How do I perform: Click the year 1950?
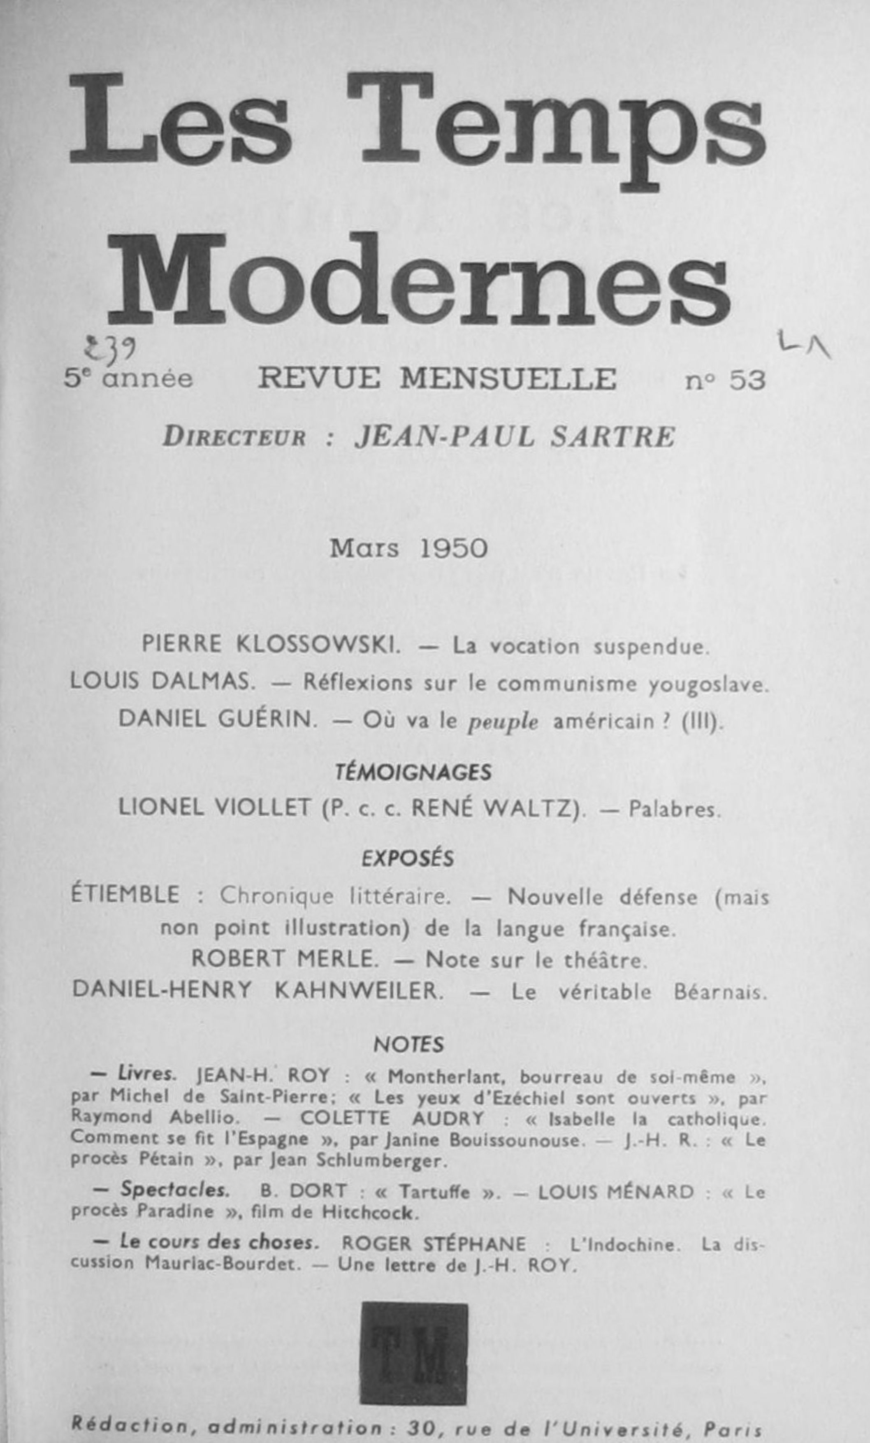coord(454,549)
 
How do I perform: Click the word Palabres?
coord(674,810)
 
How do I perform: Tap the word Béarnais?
coord(719,993)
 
